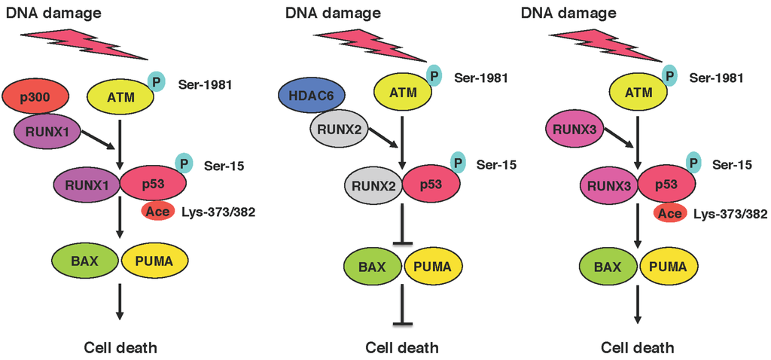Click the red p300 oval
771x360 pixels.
pyautogui.click(x=36, y=97)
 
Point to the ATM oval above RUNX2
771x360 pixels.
pyautogui.click(x=404, y=93)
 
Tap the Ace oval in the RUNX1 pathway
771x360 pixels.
pyautogui.click(x=157, y=212)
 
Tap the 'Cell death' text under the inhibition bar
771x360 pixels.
pyautogui.click(x=402, y=348)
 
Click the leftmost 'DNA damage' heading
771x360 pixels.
pyautogui.click(x=44, y=13)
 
